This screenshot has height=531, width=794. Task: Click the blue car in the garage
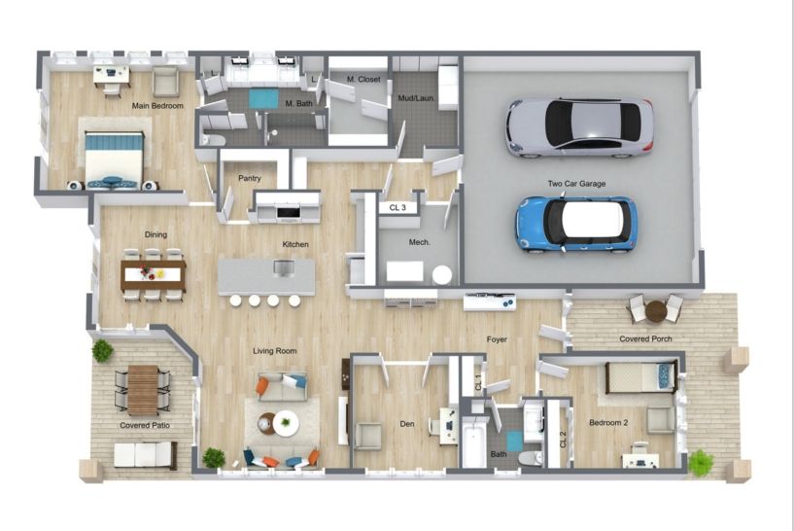coord(575,222)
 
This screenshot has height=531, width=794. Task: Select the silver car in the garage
coord(579,126)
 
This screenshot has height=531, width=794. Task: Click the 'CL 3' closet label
coord(397,207)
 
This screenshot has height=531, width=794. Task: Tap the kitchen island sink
coord(283,267)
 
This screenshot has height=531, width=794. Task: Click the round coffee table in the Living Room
coord(284,422)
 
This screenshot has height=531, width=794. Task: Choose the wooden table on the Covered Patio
coord(143,389)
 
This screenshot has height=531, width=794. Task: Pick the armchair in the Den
coord(368,435)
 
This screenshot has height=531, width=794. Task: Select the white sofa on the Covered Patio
coord(145,454)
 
